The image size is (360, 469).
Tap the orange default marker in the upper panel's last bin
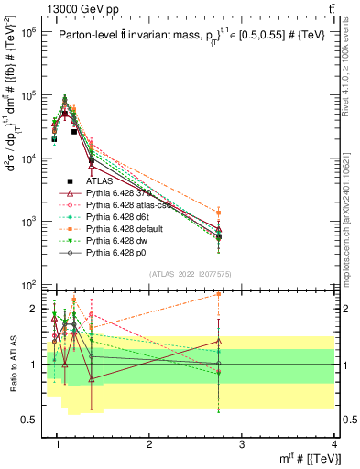click(218, 212)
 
